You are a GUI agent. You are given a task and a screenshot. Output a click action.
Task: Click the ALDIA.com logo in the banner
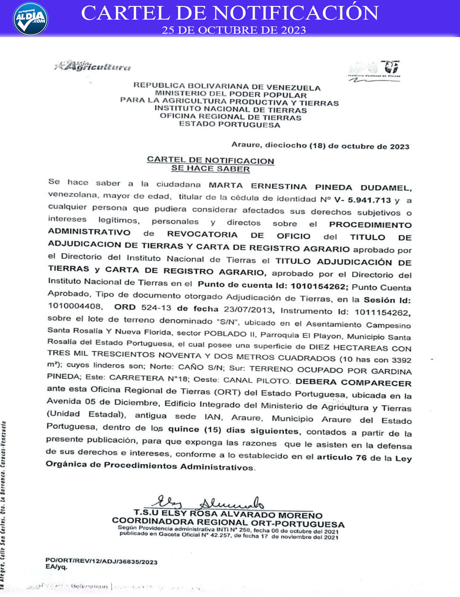coord(31,19)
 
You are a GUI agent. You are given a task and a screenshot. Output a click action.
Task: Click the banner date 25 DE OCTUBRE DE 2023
coord(234,30)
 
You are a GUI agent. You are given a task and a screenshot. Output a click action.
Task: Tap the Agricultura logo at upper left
coord(93,66)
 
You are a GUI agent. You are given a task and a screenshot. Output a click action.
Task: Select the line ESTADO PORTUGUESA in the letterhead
coord(230,125)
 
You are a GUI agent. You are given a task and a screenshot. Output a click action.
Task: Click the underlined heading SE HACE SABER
coord(210,169)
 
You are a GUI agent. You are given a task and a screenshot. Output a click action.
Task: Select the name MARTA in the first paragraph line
coord(226,185)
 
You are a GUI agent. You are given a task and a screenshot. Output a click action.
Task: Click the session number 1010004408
coord(74,306)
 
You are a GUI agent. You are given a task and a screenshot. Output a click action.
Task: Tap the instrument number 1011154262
coord(382,313)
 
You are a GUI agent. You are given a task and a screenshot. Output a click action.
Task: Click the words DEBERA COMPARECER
coord(353,383)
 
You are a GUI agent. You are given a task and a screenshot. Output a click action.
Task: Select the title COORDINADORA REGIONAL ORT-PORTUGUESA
coord(228,523)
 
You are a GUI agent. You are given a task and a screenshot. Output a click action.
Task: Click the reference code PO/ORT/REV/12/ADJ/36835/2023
coord(101,562)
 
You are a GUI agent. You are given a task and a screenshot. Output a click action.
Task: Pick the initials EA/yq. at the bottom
coord(56,567)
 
